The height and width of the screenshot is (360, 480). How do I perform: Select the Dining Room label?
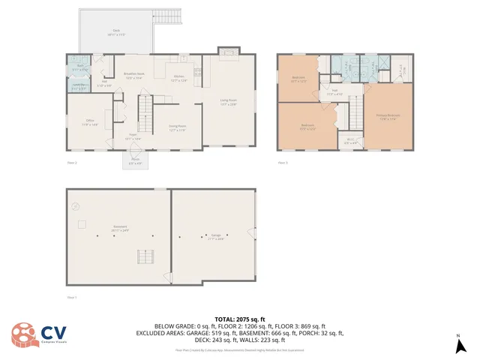click(x=177, y=128)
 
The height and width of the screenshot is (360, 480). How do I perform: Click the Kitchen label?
click(x=180, y=78)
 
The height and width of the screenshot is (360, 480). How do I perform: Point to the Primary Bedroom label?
click(x=388, y=116)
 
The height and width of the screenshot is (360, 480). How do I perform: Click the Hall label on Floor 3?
click(x=334, y=92)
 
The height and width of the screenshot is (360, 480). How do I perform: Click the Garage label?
click(x=216, y=236)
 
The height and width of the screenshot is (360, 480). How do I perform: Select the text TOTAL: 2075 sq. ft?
click(x=240, y=319)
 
